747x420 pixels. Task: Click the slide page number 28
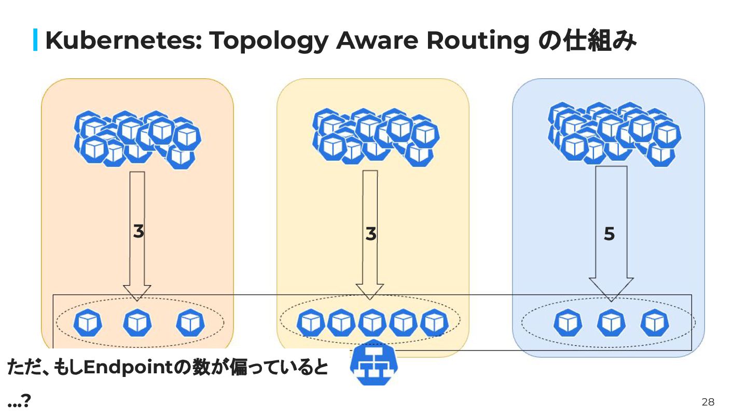708,402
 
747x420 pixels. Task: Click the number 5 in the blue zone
610,234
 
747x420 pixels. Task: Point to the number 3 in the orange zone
138,232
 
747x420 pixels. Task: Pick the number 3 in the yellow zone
370,234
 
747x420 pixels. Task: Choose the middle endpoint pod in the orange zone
137,323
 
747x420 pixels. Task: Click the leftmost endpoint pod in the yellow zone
310,323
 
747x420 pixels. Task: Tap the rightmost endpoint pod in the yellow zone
434,323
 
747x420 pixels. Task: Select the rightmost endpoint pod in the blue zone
655,323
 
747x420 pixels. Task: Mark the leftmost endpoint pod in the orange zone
87,323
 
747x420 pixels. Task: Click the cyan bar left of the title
35,40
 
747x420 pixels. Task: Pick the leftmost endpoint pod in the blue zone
568,323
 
